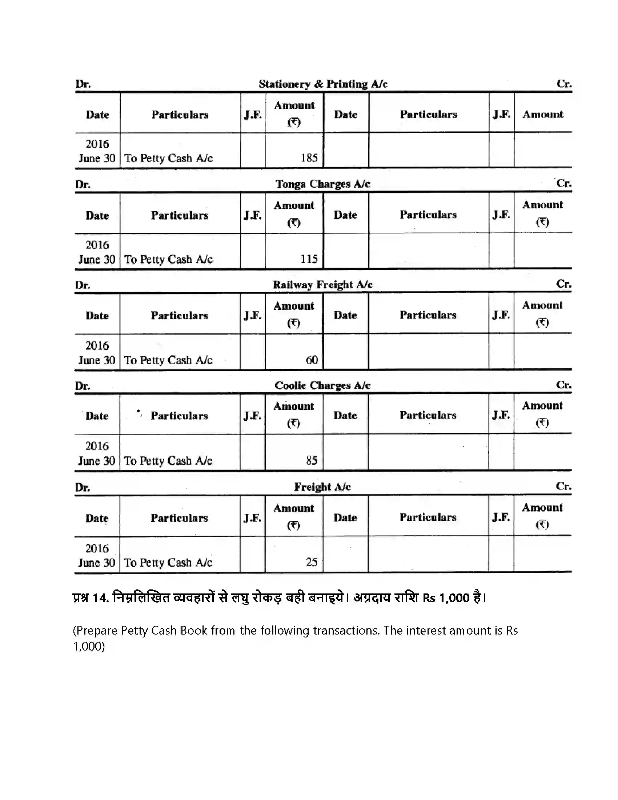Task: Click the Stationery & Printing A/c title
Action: coord(323,84)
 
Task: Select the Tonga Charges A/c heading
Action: coord(323,184)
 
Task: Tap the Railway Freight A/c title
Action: coord(322,285)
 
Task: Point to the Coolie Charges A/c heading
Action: coord(322,385)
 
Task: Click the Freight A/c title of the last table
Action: coord(322,487)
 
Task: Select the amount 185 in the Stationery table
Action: coord(309,158)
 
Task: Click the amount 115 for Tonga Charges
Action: coord(309,259)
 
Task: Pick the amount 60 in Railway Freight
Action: coord(312,360)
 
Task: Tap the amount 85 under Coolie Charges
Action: coord(312,460)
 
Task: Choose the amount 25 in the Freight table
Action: coord(312,562)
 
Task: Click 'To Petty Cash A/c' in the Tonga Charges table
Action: coord(168,259)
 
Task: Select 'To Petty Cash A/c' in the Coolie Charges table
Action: coord(168,461)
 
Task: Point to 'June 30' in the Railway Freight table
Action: coord(97,360)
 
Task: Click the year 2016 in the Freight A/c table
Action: coord(97,548)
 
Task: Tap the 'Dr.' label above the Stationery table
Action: coord(83,84)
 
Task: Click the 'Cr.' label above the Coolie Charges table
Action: coord(563,385)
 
